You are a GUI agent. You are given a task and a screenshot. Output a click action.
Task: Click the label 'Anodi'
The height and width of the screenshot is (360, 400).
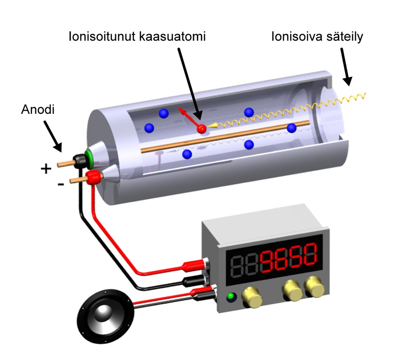(x=38, y=109)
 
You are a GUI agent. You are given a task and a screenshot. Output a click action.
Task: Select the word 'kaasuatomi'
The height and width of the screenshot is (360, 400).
(x=172, y=36)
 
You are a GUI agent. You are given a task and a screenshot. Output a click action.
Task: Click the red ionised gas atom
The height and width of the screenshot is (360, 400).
(x=201, y=128)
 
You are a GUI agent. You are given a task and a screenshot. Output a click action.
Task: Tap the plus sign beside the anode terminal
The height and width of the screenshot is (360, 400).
(x=46, y=169)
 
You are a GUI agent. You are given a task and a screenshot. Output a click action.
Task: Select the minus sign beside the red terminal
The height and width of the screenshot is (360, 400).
(x=61, y=184)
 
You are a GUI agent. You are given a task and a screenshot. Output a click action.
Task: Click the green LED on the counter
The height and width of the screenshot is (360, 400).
(x=231, y=297)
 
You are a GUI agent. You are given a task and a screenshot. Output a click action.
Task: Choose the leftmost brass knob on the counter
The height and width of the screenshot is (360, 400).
(x=252, y=296)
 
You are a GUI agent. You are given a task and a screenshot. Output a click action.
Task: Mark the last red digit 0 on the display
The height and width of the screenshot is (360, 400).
(x=309, y=255)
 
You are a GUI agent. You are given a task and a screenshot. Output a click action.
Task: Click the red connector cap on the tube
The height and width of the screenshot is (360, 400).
(x=93, y=177)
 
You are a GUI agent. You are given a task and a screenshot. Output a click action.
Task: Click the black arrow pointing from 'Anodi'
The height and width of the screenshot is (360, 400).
(x=53, y=136)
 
